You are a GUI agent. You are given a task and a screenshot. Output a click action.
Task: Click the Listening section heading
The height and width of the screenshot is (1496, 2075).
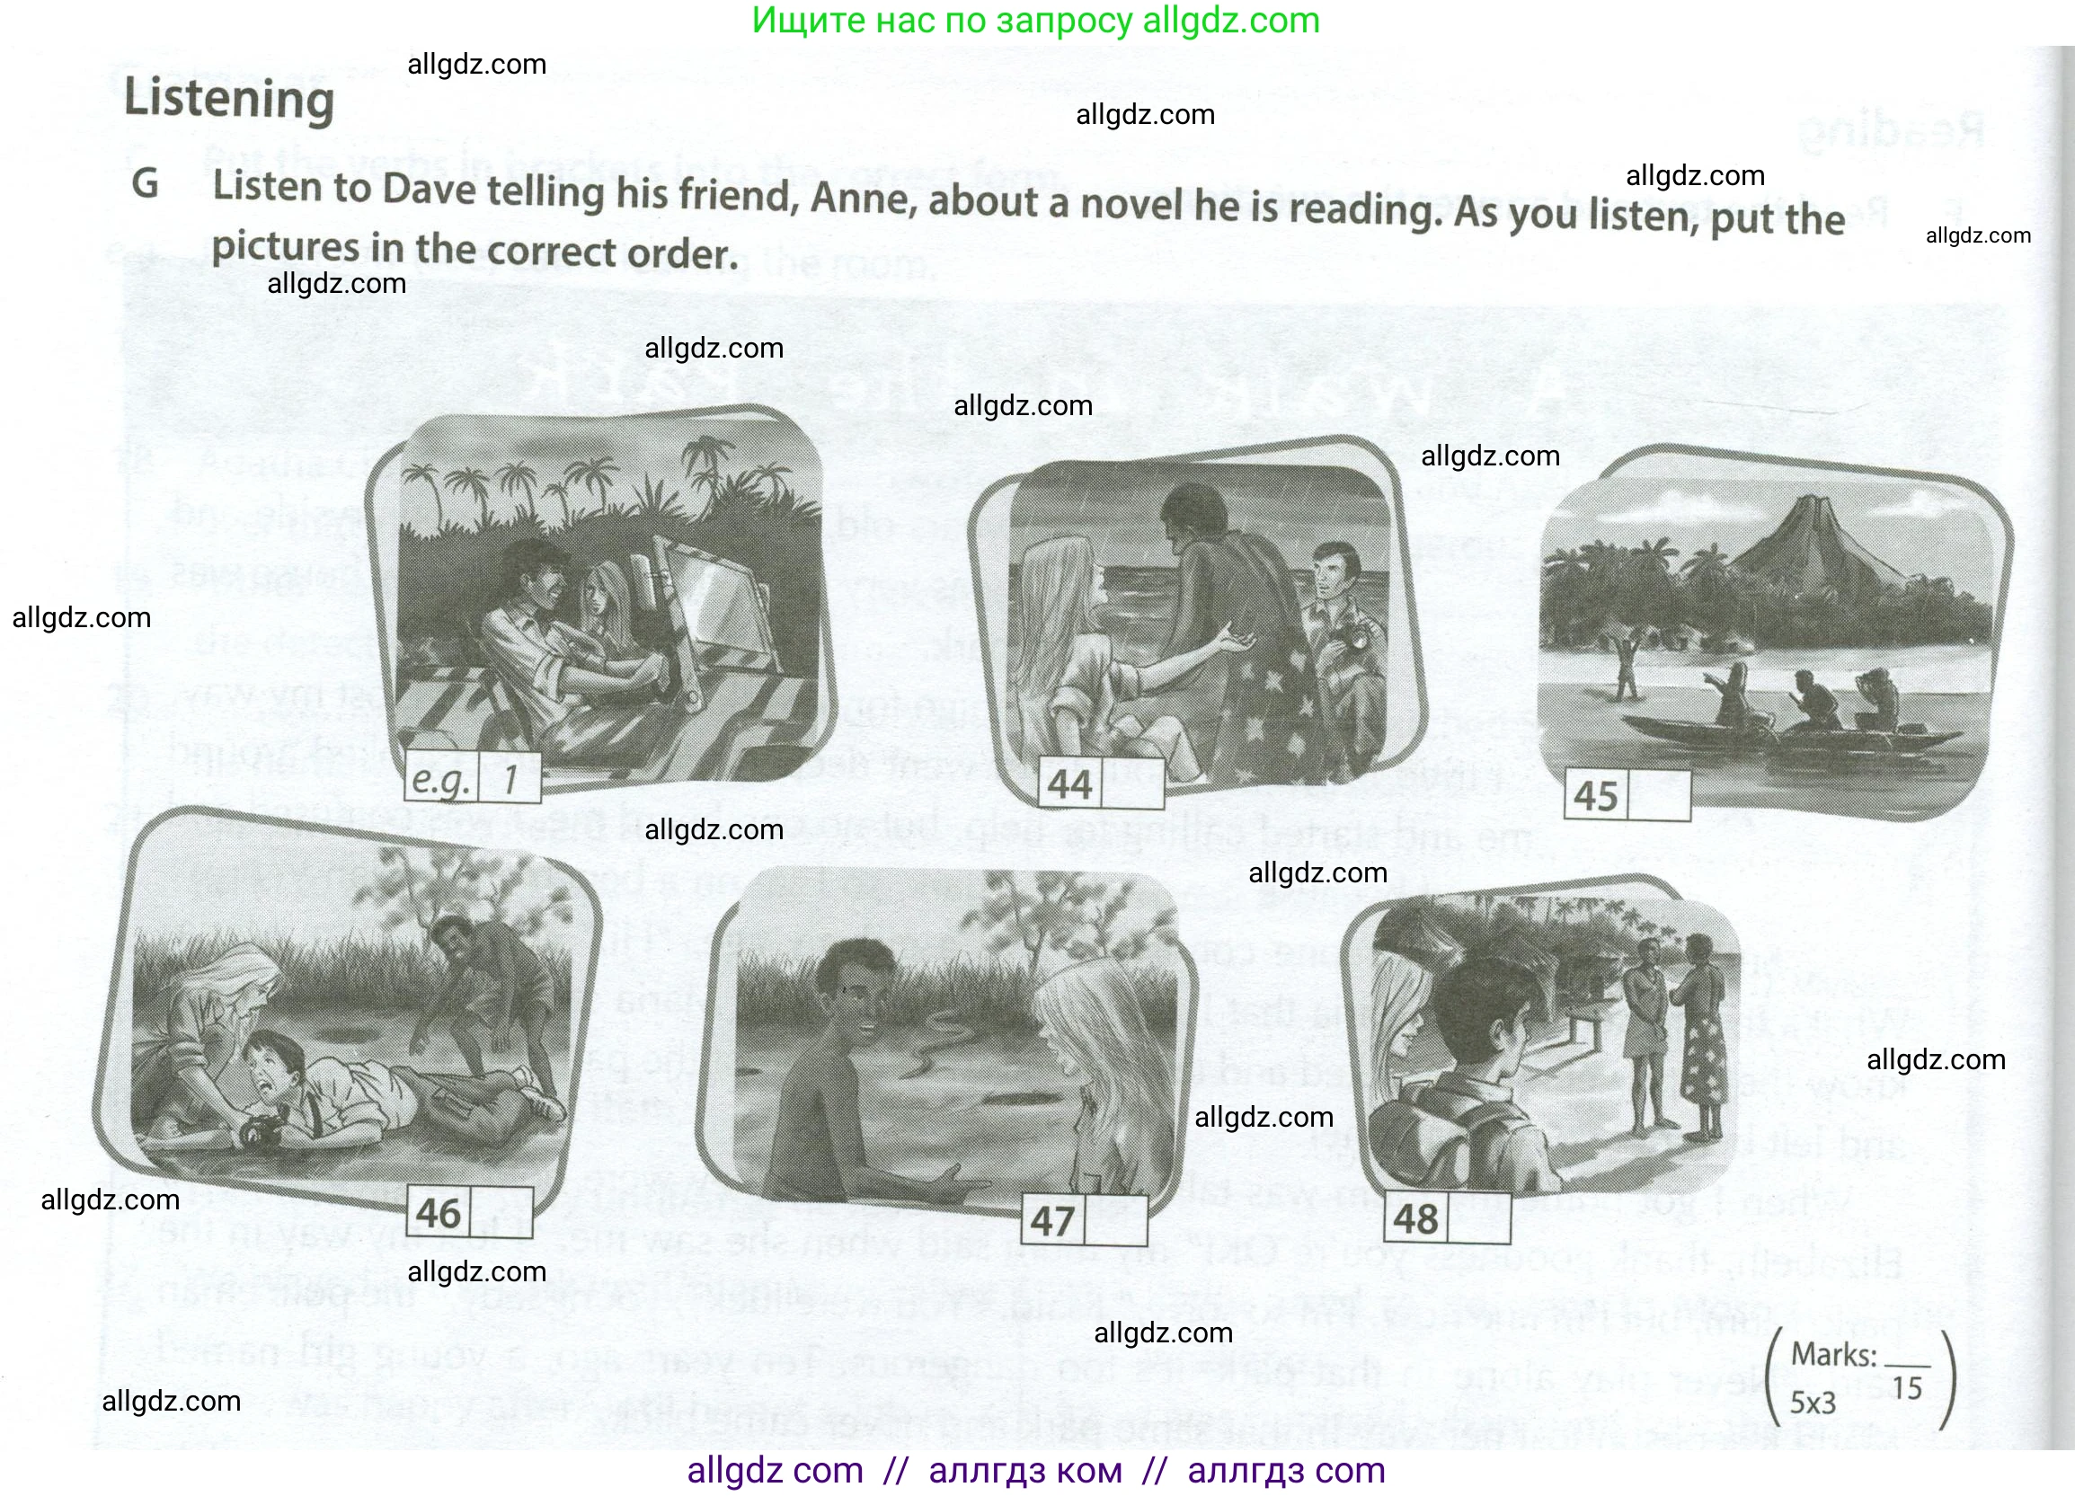coord(229,98)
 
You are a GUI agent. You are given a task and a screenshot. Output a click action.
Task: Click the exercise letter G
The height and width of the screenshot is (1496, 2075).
coord(146,184)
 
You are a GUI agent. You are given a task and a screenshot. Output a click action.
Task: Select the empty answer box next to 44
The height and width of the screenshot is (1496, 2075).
coord(1132,783)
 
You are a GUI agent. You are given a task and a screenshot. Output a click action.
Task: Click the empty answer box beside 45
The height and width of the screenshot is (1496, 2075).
coord(1658,796)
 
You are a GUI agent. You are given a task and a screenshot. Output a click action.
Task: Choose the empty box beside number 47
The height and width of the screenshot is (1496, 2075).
coord(1114,1220)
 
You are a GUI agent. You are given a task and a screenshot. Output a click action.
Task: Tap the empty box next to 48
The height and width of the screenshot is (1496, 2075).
coord(1477,1218)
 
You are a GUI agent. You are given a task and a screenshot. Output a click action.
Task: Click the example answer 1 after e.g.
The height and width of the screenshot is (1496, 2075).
coord(510,779)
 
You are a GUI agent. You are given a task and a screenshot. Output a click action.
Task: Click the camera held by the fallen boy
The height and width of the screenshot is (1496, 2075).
coord(260,1133)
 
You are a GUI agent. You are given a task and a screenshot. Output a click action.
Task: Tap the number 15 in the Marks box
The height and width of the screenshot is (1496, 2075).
coord(1908,1389)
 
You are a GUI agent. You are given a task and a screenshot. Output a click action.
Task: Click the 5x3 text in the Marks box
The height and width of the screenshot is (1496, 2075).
coord(1813,1403)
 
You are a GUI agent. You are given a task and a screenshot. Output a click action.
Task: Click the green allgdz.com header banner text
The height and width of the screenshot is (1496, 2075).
coord(1035,20)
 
